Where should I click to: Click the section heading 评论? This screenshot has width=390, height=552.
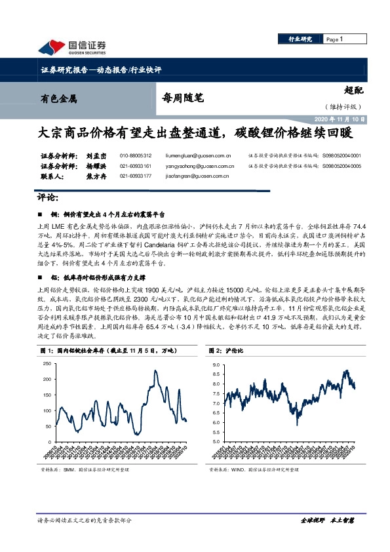click(46, 197)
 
